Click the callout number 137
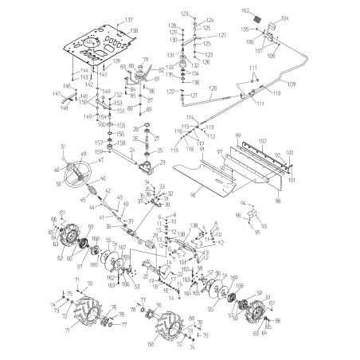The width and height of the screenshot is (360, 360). pos(130,18)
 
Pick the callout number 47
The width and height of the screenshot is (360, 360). pos(100,159)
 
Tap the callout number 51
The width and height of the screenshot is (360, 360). pos(62,147)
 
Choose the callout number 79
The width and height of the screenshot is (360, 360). pos(146,60)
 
